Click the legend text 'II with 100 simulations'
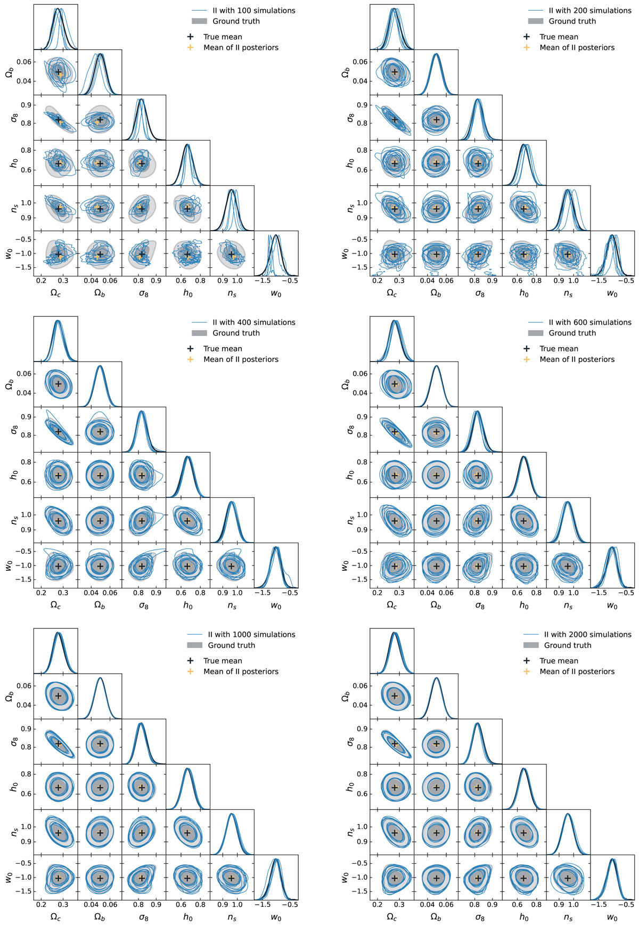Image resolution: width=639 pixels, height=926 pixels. (x=253, y=11)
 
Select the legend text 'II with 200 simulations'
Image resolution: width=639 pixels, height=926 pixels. (x=590, y=11)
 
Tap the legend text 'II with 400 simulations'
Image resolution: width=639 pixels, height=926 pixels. (x=253, y=323)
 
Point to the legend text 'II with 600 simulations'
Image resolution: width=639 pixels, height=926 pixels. (x=590, y=323)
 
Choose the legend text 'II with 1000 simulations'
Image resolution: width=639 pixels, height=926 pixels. (x=251, y=635)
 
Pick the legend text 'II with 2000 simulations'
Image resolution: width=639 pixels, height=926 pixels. (x=588, y=635)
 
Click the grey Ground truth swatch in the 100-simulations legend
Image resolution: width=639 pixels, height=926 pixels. (x=199, y=21)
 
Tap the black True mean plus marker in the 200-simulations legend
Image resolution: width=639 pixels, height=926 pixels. (x=527, y=37)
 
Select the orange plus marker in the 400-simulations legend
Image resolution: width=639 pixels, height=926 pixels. (x=190, y=359)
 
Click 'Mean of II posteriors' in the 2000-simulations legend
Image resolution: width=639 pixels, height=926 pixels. (x=577, y=671)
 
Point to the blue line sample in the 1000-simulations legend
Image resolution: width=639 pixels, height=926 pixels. (x=195, y=635)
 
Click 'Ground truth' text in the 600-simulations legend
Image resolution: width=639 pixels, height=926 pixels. (x=572, y=333)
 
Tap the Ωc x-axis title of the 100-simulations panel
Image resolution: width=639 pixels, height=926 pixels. (x=55, y=293)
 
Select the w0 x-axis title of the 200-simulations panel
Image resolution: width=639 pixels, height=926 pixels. (x=612, y=293)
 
